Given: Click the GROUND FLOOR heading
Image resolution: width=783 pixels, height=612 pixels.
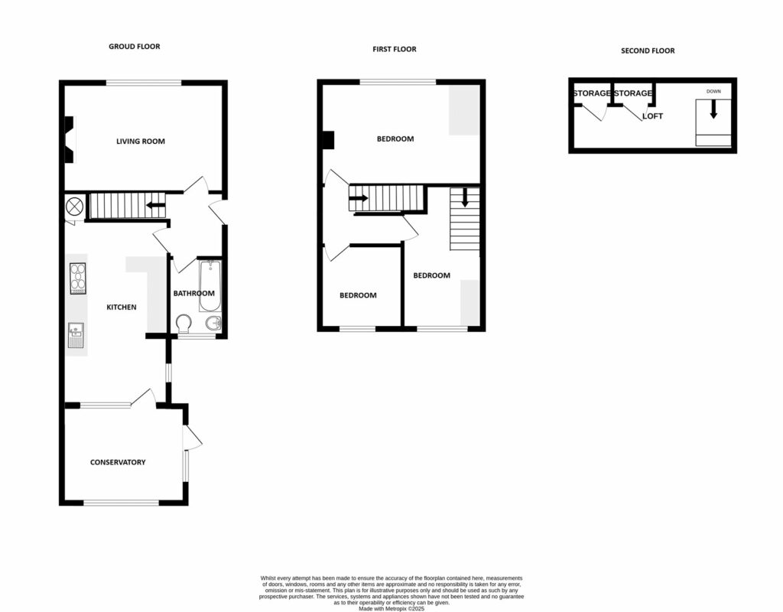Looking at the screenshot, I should pos(134,47).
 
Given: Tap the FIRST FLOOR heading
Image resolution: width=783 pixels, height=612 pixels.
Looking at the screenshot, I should pos(394,49).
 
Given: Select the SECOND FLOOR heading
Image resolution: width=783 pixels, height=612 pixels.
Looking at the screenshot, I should pos(648,51).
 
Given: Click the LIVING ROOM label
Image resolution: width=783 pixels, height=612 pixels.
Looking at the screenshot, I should pos(140,141).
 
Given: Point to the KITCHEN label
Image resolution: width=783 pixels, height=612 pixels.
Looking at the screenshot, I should pos(121,308).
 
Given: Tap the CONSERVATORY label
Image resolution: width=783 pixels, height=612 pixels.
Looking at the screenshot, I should pos(118,462).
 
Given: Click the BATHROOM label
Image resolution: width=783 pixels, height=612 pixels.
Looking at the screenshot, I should pos(193,293).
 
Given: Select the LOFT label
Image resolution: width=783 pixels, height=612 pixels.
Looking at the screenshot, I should pos(652,116).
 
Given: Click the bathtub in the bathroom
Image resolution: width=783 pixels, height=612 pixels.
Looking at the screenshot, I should pos(210,286).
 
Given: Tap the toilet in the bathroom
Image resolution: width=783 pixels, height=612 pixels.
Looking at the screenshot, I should pos(184,324).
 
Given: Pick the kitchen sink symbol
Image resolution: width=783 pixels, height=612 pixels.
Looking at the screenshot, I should pos(76,331).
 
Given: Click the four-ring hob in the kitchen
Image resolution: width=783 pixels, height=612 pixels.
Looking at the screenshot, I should pos(77,278).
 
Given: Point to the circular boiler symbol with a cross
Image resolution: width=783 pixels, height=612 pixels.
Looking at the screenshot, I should pos(75,207).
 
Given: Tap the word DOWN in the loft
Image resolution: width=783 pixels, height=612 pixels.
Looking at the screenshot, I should pos(713,92).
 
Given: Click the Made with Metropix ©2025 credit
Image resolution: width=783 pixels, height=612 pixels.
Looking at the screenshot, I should pos(391,608).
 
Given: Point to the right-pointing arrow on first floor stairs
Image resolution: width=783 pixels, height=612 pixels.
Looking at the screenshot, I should pos(358,198).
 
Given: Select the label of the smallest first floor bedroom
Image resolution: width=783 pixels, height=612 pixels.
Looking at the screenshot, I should pos(358,295).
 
